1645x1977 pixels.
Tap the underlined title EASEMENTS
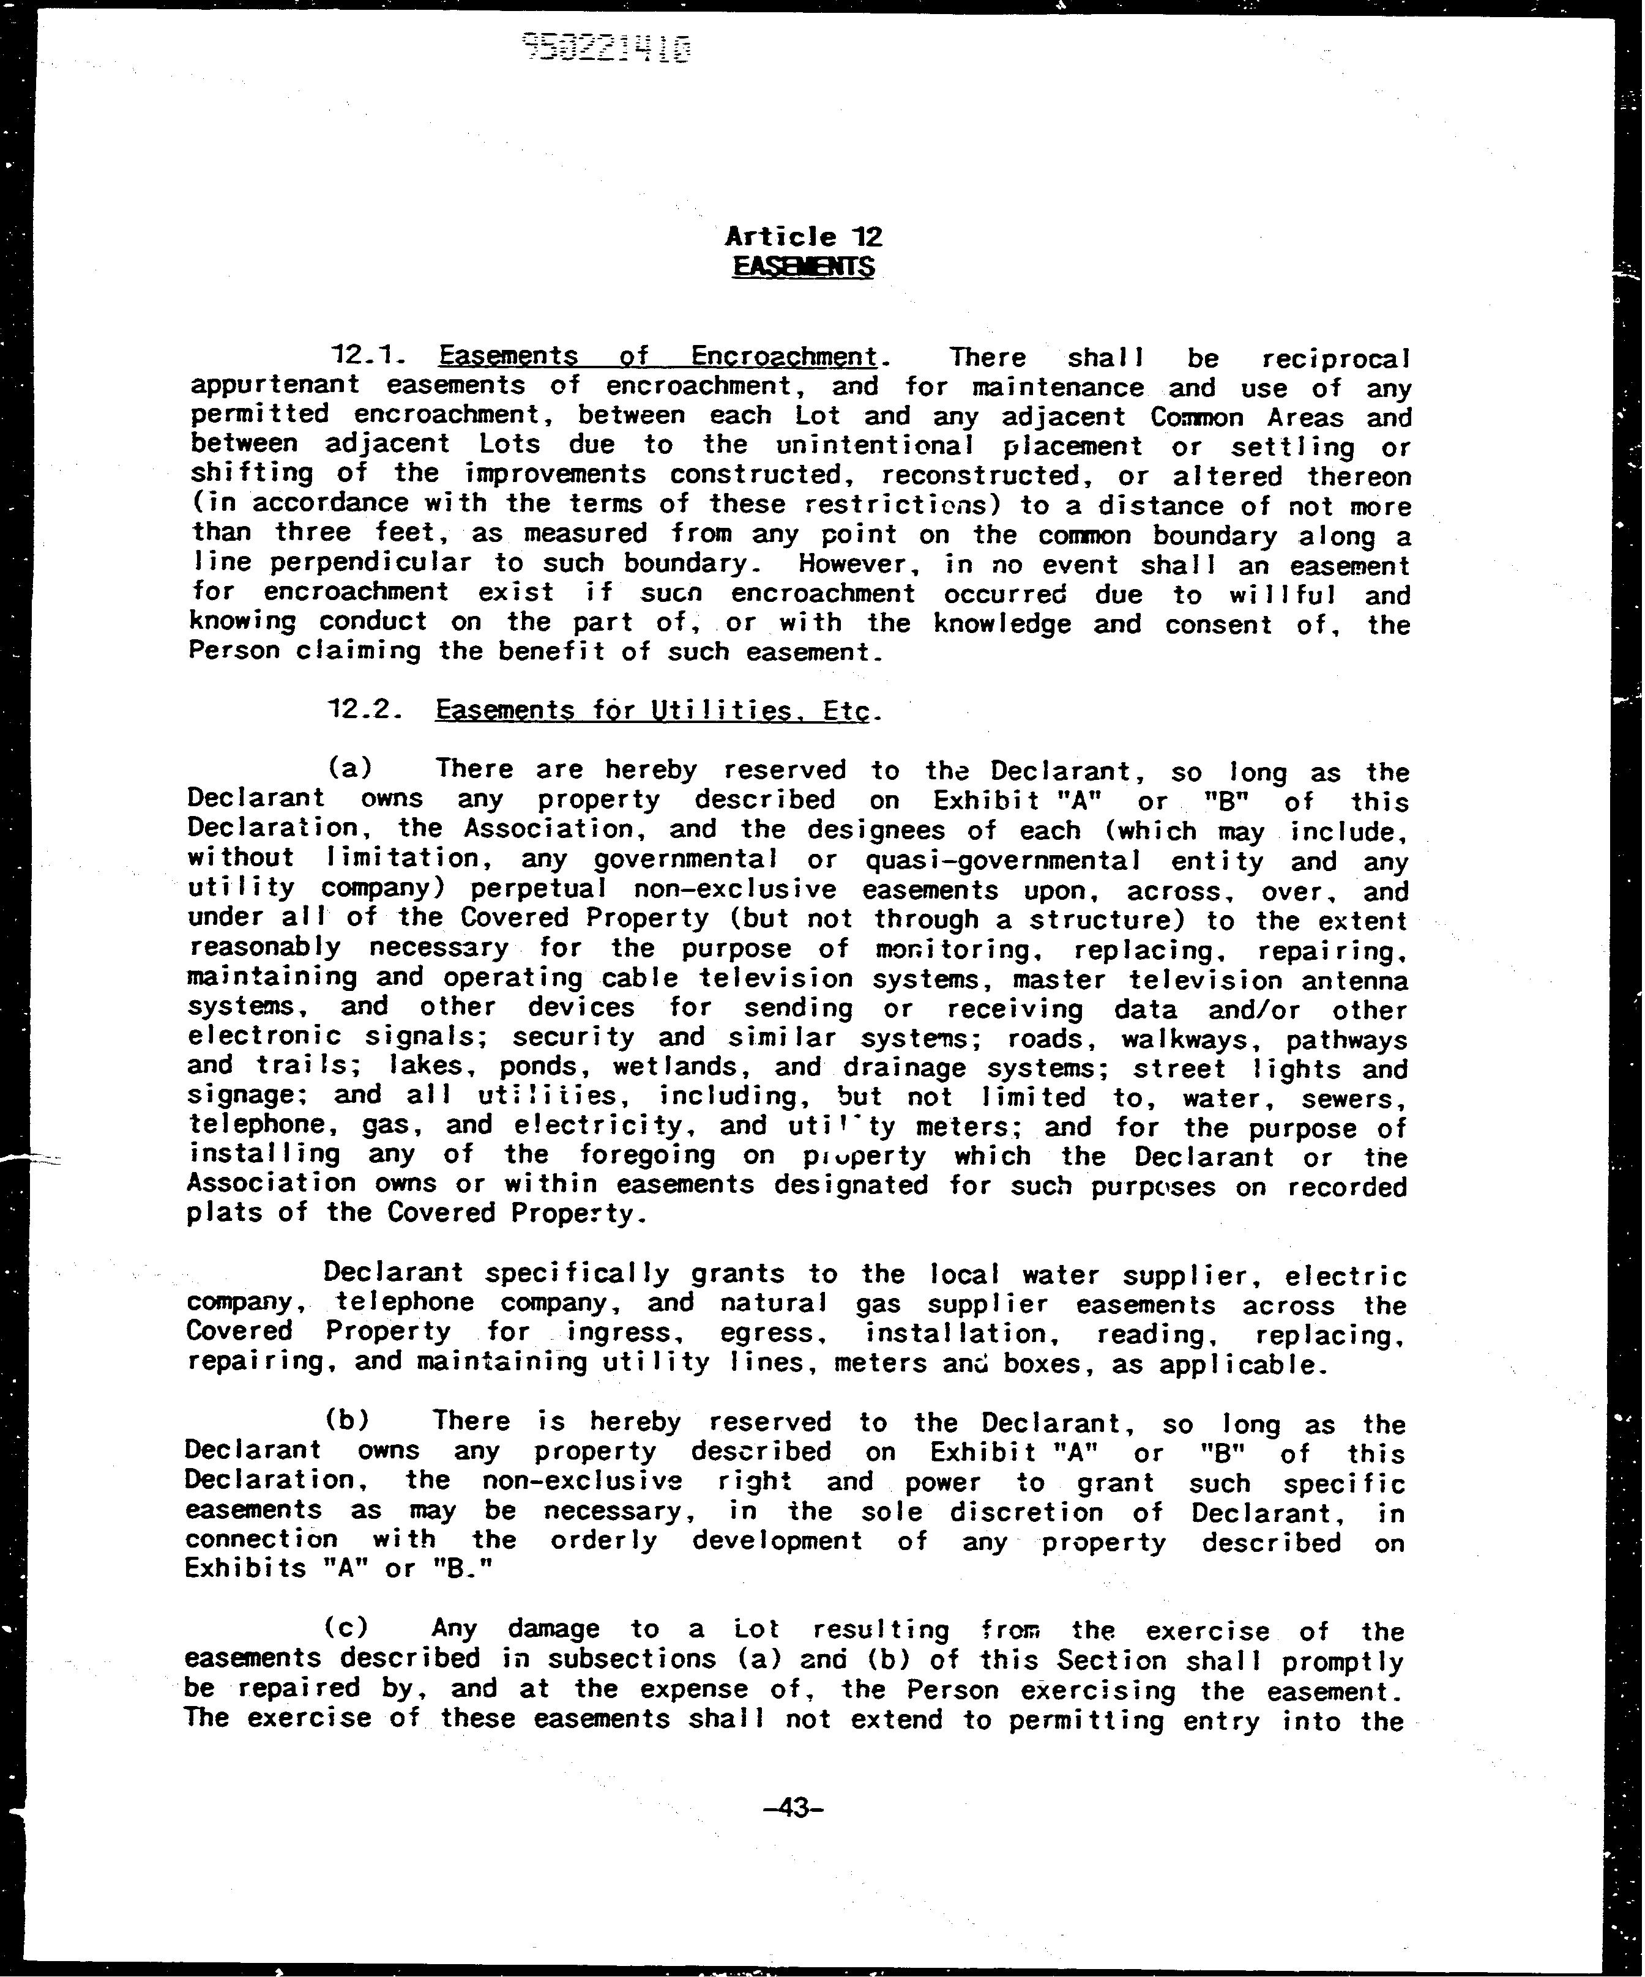click(803, 267)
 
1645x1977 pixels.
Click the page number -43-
click(796, 1834)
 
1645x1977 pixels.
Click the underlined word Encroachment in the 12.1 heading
click(783, 356)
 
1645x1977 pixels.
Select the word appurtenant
click(275, 385)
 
